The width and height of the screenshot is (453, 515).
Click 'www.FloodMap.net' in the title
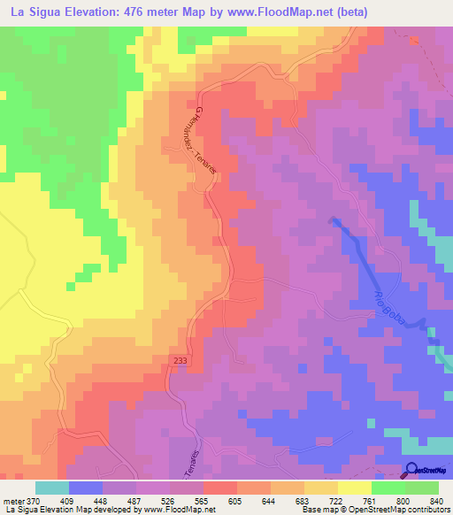coord(273,12)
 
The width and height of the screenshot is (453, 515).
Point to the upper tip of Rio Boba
coord(333,219)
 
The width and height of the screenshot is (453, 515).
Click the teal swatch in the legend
coord(52,488)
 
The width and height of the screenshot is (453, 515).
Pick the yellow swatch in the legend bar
coord(355,488)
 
